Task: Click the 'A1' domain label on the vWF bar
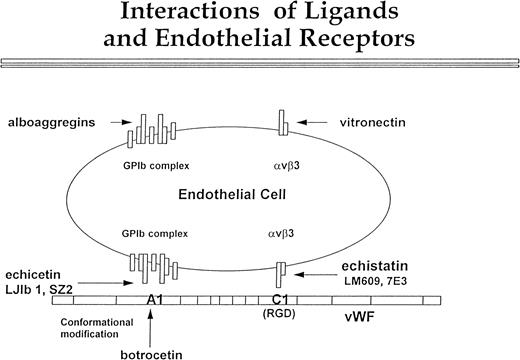[x=155, y=300]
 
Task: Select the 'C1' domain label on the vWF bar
[x=281, y=300]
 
